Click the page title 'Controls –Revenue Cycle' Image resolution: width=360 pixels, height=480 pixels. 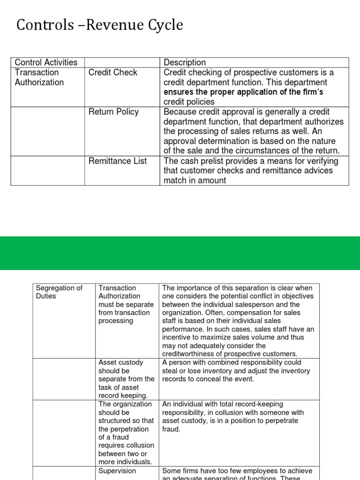click(99, 25)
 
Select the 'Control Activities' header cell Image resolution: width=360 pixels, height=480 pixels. click(46, 62)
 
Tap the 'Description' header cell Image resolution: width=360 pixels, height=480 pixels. click(185, 62)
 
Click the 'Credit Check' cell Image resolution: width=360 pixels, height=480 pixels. click(113, 72)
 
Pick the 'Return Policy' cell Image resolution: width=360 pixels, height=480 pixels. click(114, 112)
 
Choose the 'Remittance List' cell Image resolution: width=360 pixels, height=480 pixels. click(118, 161)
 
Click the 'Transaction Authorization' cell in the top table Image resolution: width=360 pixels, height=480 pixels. click(39, 77)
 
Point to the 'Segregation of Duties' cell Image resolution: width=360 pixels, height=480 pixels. click(59, 292)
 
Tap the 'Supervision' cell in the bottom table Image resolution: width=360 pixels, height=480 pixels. click(117, 471)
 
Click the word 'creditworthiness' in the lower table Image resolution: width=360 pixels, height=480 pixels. click(193, 354)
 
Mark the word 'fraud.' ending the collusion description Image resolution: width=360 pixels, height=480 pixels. click(171, 429)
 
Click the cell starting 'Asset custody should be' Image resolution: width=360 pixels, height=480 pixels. click(126, 379)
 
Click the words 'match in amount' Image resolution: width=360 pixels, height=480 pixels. click(195, 180)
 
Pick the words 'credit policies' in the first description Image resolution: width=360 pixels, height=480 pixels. click(189, 102)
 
